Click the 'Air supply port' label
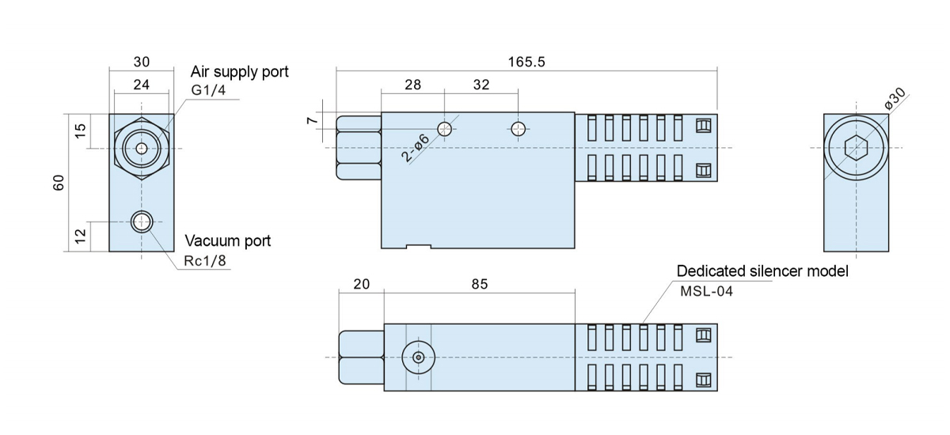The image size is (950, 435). [240, 72]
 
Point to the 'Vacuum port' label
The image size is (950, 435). [228, 240]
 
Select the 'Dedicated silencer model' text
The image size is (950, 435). [762, 271]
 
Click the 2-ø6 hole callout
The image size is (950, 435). [416, 148]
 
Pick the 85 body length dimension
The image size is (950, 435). [479, 283]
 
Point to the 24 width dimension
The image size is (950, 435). [142, 83]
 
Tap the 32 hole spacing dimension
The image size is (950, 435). [481, 85]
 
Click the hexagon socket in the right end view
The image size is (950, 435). [855, 148]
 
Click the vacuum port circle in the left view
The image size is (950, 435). [142, 221]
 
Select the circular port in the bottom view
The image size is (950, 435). [418, 357]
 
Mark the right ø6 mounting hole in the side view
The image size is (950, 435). [519, 129]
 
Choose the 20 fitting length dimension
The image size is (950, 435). [361, 283]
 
